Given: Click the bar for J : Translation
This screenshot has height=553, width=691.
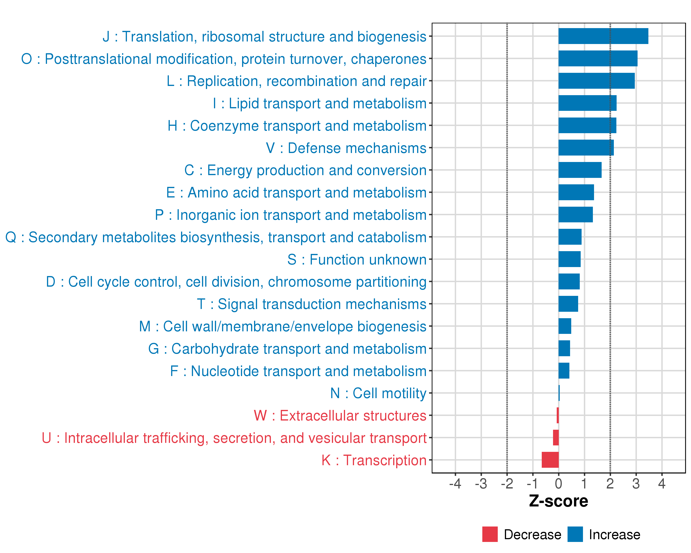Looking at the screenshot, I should pyautogui.click(x=603, y=36).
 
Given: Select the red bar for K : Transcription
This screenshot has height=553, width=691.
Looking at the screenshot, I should pyautogui.click(x=550, y=460).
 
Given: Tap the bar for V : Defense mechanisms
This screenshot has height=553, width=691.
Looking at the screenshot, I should pyautogui.click(x=586, y=148).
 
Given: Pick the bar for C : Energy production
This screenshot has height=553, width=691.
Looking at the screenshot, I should pyautogui.click(x=580, y=170).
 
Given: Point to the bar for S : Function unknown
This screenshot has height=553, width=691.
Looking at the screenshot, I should pyautogui.click(x=569, y=259).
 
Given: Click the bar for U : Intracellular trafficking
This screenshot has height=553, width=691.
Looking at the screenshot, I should pyautogui.click(x=556, y=438).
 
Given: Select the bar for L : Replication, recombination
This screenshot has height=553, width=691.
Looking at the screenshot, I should pyautogui.click(x=597, y=81).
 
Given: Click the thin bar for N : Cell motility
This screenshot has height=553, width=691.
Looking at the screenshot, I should pyautogui.click(x=559, y=393).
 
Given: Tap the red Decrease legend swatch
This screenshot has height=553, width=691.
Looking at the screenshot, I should pyautogui.click(x=490, y=534).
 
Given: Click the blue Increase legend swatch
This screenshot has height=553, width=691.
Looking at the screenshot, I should pyautogui.click(x=575, y=534).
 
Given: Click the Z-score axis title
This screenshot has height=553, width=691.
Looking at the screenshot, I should pyautogui.click(x=558, y=501).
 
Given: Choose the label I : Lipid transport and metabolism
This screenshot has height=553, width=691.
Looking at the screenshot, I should pyautogui.click(x=319, y=103).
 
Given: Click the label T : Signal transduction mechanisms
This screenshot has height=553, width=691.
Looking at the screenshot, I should pyautogui.click(x=312, y=304).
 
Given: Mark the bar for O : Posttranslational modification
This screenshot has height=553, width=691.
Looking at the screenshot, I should pyautogui.click(x=598, y=58).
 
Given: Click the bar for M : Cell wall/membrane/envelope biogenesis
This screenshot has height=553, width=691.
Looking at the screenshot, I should pyautogui.click(x=565, y=326).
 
